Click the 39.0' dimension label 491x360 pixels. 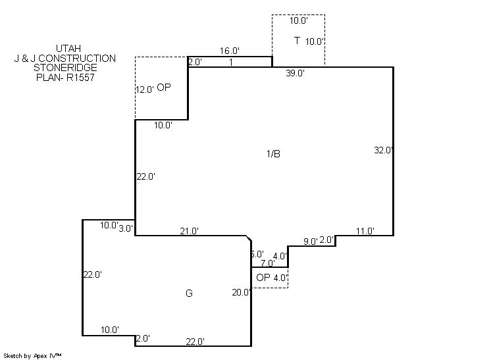click(x=296, y=73)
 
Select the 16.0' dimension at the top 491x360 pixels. click(x=230, y=51)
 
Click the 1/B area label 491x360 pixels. click(x=273, y=154)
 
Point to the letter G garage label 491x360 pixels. click(x=189, y=294)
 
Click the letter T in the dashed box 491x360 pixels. click(x=297, y=40)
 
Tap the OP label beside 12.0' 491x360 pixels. click(x=164, y=87)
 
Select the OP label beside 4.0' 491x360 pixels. click(x=263, y=277)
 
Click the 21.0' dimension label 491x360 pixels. click(x=189, y=232)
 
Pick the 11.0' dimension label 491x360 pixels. click(x=365, y=232)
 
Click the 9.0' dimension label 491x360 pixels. click(x=310, y=242)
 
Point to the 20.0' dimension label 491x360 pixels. click(x=242, y=292)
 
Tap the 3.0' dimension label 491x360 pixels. click(x=126, y=228)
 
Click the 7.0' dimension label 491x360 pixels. click(x=268, y=263)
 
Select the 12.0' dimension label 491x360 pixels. click(x=145, y=90)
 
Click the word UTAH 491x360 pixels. click(x=68, y=49)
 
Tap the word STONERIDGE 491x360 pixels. click(x=65, y=68)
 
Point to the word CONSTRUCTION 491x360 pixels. click(x=77, y=58)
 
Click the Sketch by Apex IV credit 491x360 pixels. click(x=32, y=356)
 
